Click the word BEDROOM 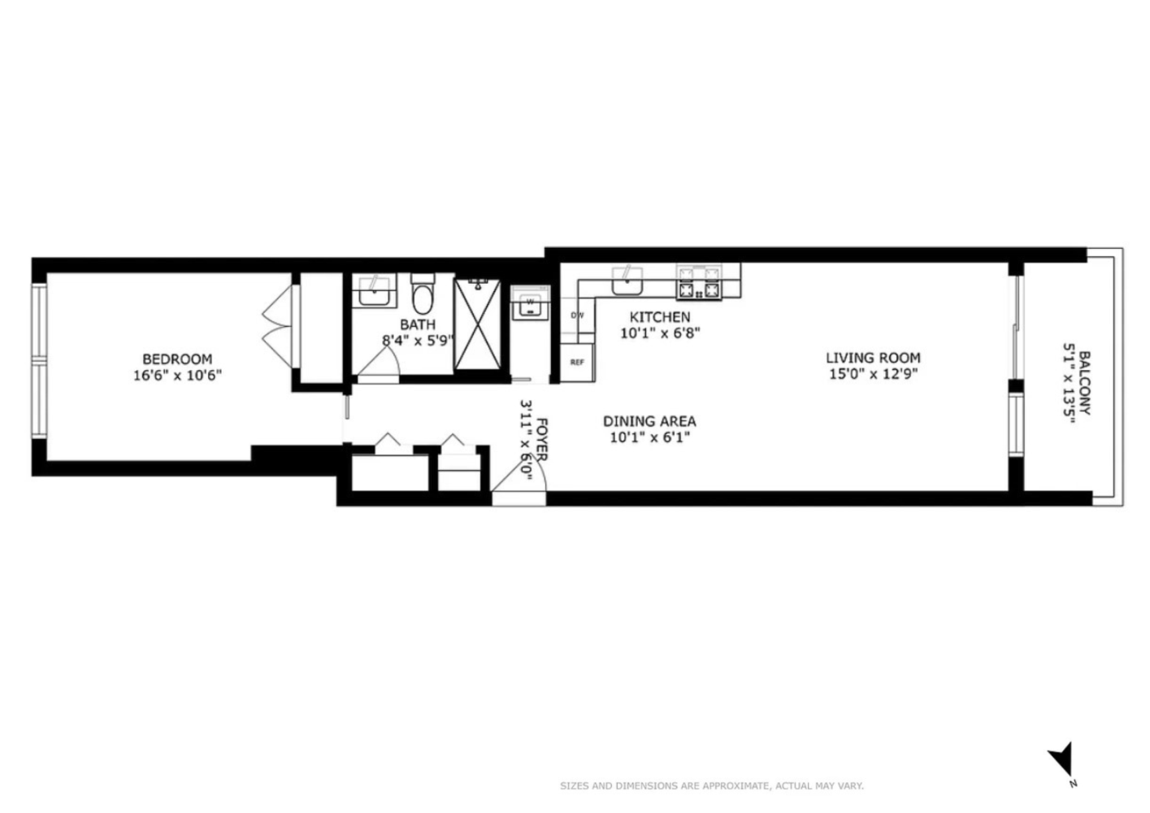coord(177,359)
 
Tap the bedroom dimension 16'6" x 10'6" coord(177,376)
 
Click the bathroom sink coord(375,291)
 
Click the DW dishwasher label coord(578,315)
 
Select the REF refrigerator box coord(577,362)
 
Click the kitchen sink coord(627,282)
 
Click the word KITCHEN coord(660,317)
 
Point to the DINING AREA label coord(649,421)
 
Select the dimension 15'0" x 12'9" coord(873,374)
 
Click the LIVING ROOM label coord(873,357)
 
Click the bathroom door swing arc coord(377,367)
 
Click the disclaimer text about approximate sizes coord(711,786)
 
